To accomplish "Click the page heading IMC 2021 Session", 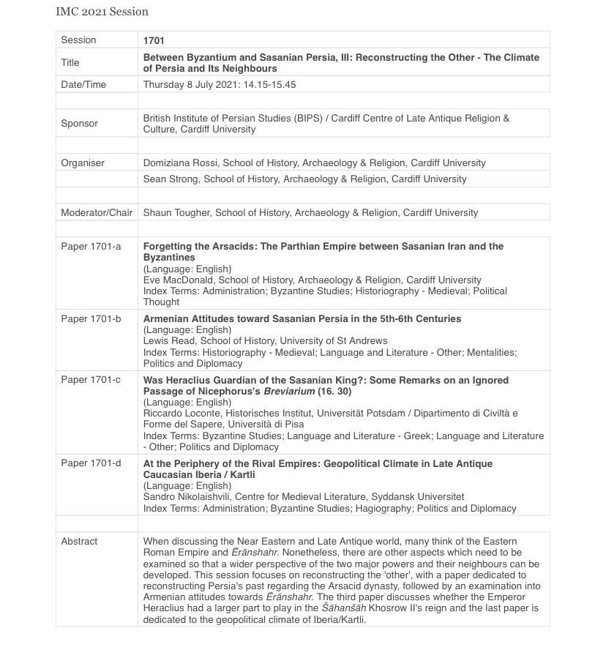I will (x=102, y=12).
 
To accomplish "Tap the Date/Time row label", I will (x=83, y=85).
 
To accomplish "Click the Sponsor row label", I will (x=79, y=124).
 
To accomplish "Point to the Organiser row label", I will (x=83, y=163).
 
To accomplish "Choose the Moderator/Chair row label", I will (x=97, y=213).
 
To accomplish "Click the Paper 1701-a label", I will (x=91, y=247).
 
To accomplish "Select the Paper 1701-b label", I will (x=91, y=319).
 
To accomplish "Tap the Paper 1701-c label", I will (x=91, y=381).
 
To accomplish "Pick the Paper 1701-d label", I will (x=91, y=464).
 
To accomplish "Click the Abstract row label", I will (x=79, y=542).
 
